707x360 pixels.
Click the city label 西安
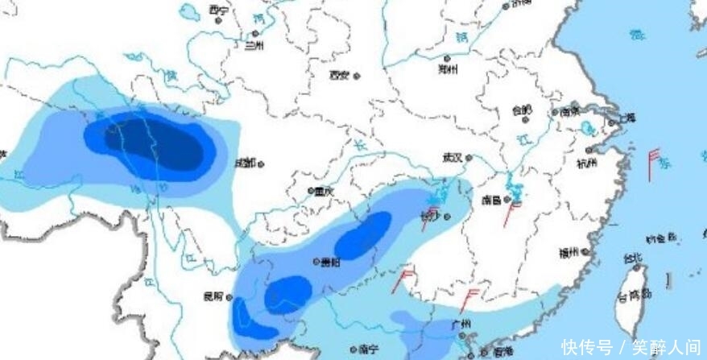pyautogui.click(x=339, y=76)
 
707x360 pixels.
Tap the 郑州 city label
pyautogui.click(x=448, y=69)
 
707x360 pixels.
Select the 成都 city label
pyautogui.click(x=245, y=163)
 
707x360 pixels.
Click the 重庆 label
pyautogui.click(x=325, y=192)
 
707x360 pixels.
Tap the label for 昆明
pyautogui.click(x=213, y=297)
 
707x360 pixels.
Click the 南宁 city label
pyautogui.click(x=370, y=350)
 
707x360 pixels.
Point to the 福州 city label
pyautogui.click(x=569, y=253)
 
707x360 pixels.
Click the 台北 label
pyautogui.click(x=634, y=259)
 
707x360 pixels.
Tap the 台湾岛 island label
pyautogui.click(x=633, y=296)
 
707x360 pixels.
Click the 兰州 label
pyautogui.click(x=254, y=46)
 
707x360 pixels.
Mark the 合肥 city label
pyautogui.click(x=522, y=110)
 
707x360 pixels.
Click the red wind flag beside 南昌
pyautogui.click(x=510, y=213)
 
